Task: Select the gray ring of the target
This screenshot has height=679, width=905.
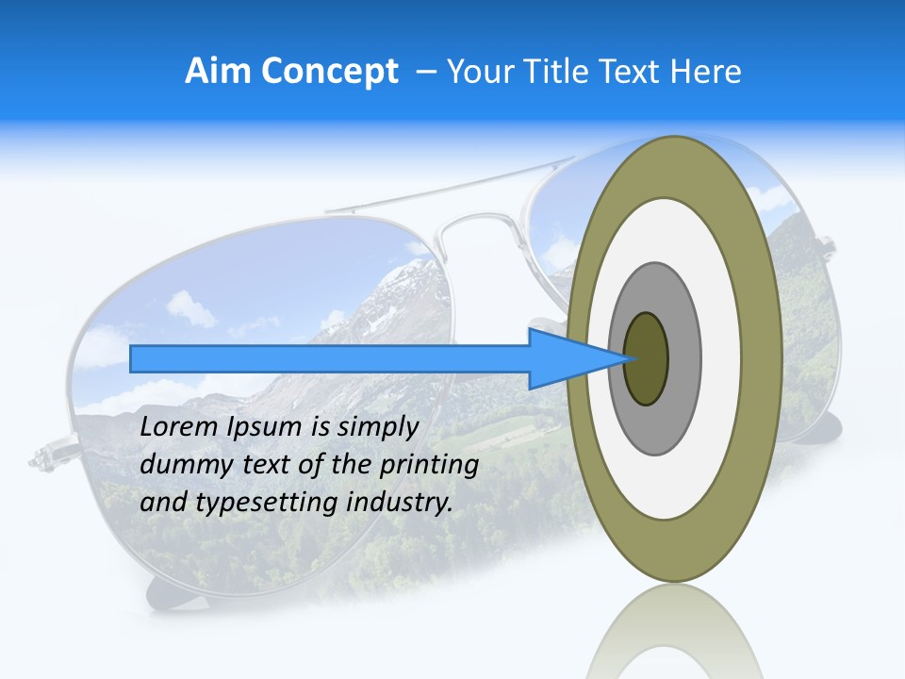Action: coord(683,358)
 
